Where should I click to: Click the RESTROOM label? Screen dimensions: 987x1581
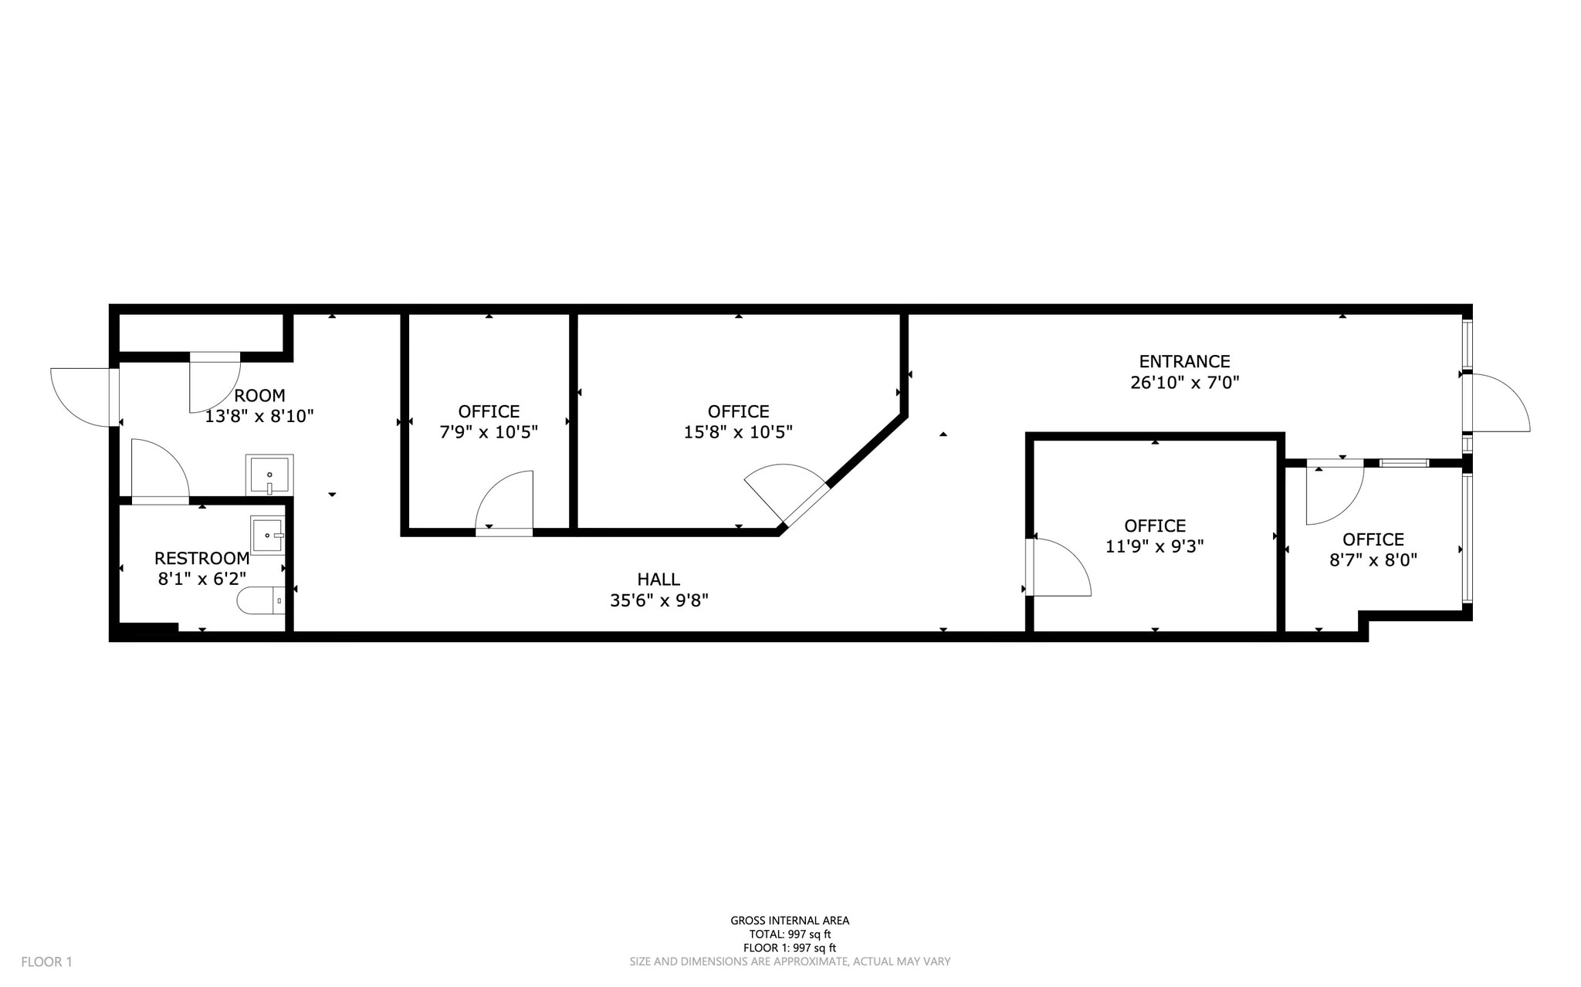[x=201, y=558]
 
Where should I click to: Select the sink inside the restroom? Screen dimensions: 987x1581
[x=268, y=535]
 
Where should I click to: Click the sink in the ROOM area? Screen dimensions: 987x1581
[x=269, y=475]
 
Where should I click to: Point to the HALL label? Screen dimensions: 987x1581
[x=658, y=579]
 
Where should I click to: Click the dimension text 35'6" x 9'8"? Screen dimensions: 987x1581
[x=658, y=600]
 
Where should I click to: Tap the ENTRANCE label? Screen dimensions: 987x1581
[x=1184, y=361]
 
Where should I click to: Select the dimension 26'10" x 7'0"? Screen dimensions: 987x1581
[x=1184, y=383]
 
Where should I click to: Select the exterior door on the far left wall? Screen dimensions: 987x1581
[x=83, y=396]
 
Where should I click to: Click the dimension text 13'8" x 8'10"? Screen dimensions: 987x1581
[x=259, y=417]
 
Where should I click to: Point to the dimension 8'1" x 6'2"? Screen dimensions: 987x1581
[x=201, y=579]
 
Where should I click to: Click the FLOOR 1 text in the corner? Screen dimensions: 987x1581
[x=46, y=962]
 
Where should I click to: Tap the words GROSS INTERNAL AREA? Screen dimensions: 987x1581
[x=790, y=920]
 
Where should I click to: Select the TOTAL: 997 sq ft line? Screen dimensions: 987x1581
[x=790, y=934]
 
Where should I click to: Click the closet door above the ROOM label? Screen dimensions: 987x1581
[x=214, y=382]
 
